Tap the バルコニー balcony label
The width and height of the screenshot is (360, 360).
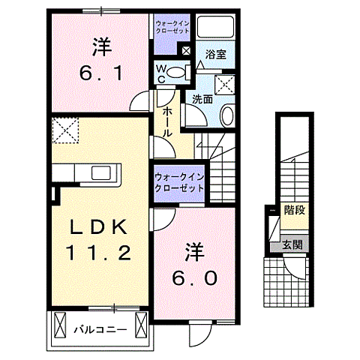[x=101, y=327]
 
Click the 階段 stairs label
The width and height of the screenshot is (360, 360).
[x=294, y=209]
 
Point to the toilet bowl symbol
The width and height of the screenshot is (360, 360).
[x=175, y=72]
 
